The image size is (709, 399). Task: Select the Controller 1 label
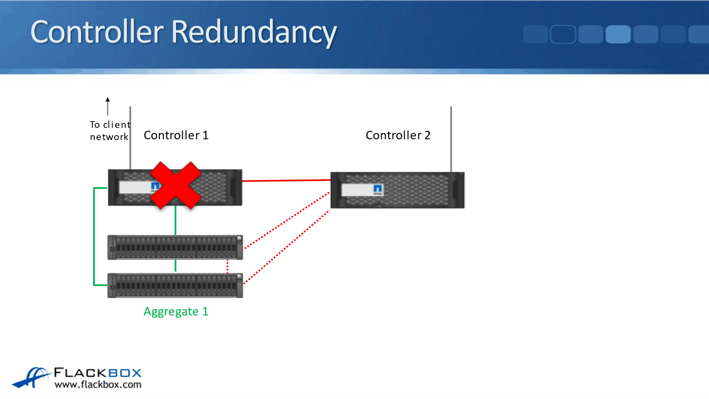click(x=176, y=135)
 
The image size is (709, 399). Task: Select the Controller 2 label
click(x=398, y=135)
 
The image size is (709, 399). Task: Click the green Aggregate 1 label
click(x=176, y=312)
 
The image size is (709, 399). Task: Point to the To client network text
click(x=110, y=131)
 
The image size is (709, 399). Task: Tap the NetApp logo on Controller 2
click(x=377, y=189)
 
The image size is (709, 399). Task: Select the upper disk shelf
click(x=175, y=247)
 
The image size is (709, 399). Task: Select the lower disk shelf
click(x=175, y=285)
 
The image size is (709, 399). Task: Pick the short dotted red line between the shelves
click(x=227, y=266)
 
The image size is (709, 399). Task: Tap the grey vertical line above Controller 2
click(x=451, y=139)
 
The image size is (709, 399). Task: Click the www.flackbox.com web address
click(x=98, y=385)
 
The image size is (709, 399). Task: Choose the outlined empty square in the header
click(x=563, y=34)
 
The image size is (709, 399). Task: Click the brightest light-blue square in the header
click(x=618, y=34)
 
